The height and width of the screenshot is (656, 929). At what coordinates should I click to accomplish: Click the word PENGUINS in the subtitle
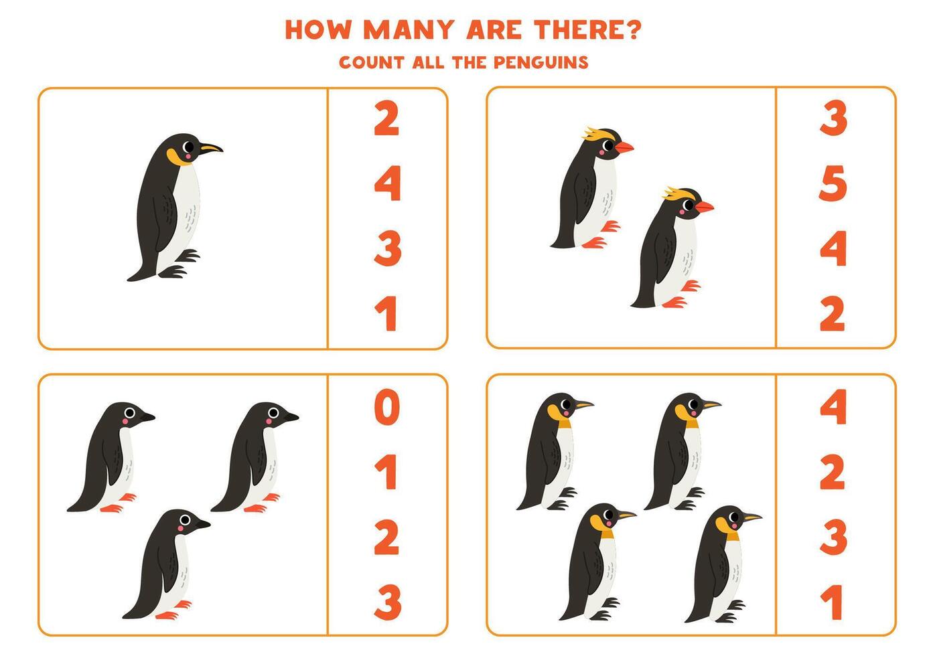[x=541, y=62]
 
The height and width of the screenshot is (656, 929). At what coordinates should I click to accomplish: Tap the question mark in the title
[x=632, y=29]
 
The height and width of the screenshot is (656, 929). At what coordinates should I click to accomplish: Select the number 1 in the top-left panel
[x=386, y=314]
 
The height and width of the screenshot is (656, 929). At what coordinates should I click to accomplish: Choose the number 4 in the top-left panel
[x=387, y=183]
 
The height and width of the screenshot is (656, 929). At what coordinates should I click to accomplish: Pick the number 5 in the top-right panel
[x=833, y=183]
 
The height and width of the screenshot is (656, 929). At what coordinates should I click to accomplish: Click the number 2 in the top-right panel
[x=833, y=314]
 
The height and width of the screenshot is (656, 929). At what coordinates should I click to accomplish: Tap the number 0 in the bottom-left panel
[x=386, y=408]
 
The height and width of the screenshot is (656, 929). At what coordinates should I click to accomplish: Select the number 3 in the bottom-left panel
[x=387, y=601]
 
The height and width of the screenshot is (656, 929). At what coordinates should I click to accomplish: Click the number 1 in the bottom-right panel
[x=833, y=601]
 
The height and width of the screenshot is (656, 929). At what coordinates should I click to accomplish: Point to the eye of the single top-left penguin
[x=189, y=147]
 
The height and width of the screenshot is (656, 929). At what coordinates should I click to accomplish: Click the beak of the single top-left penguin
[x=211, y=148]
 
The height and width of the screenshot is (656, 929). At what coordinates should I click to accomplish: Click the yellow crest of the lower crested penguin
[x=676, y=194]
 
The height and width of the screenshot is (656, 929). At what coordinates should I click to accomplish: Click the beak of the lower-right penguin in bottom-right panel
[x=752, y=517]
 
